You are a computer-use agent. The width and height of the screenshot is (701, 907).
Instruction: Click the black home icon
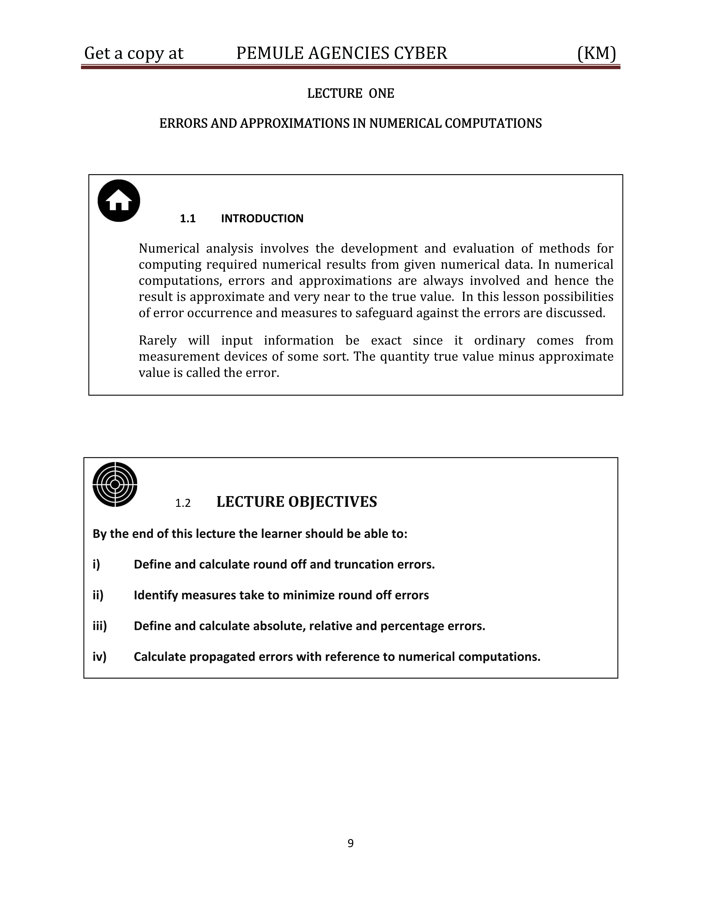(x=119, y=201)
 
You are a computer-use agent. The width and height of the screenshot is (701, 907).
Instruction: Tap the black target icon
(x=115, y=484)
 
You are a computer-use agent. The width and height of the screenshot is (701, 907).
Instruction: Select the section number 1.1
(x=188, y=219)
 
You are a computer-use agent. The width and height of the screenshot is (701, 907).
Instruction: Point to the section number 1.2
(x=183, y=503)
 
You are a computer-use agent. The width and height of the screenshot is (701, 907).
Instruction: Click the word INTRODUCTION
(x=262, y=219)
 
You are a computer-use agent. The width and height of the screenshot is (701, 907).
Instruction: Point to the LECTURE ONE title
(x=350, y=93)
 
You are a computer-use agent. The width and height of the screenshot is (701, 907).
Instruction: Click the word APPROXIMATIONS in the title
(x=295, y=123)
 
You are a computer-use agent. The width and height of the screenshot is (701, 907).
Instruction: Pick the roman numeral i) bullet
(x=96, y=564)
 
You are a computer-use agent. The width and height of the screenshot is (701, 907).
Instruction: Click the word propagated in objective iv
(x=222, y=657)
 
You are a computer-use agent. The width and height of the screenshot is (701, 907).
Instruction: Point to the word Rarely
(x=158, y=341)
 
